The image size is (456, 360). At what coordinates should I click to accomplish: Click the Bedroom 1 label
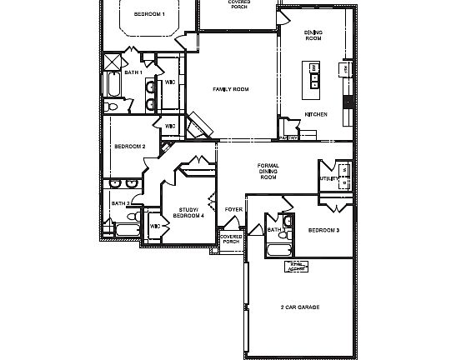click(150, 14)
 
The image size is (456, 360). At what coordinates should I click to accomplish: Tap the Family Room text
click(231, 89)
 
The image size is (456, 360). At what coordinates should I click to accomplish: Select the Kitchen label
click(315, 114)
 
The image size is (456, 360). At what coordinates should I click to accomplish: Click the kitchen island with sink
click(315, 75)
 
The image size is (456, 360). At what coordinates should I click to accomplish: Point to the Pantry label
click(288, 137)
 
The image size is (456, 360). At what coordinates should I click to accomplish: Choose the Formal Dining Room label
click(268, 172)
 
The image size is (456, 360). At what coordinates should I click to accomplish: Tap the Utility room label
click(328, 178)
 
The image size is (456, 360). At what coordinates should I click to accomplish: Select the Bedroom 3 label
click(323, 230)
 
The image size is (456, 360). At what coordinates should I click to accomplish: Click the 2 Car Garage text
click(299, 307)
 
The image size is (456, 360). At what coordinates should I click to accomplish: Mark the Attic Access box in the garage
click(297, 266)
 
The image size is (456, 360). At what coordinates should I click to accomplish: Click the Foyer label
click(233, 209)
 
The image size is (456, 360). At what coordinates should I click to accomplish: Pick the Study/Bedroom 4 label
click(188, 212)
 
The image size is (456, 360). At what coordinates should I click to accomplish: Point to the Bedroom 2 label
click(129, 147)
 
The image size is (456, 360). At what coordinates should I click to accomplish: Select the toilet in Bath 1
click(113, 106)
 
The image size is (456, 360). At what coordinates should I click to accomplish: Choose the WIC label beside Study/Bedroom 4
click(155, 226)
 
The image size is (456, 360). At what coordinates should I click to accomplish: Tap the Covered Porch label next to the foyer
click(231, 239)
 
